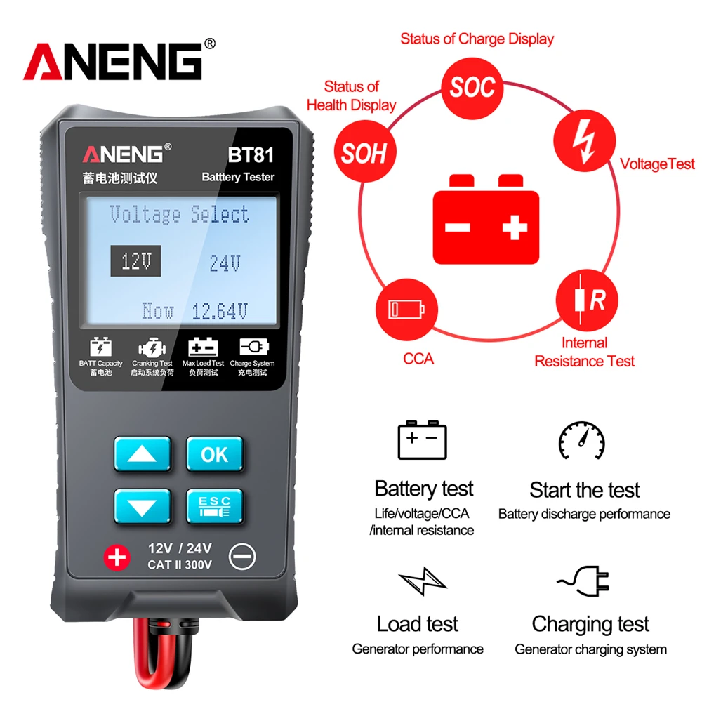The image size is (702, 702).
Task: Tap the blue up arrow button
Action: (143, 454)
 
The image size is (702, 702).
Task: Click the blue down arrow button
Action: (143, 507)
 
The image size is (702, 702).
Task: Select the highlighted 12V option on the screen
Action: (135, 261)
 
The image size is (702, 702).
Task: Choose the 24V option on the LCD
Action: (225, 263)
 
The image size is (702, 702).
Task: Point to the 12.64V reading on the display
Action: (220, 311)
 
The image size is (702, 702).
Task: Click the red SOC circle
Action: (472, 88)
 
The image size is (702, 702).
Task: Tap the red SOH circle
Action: (365, 152)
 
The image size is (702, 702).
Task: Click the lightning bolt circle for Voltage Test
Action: (585, 140)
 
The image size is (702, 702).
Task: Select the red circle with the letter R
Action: (587, 300)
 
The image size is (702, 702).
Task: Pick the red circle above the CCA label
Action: (406, 310)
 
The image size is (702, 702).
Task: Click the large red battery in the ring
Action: (486, 219)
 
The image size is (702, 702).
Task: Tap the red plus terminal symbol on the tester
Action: (117, 558)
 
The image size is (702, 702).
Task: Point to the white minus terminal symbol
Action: (242, 557)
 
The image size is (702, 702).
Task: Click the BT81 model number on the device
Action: (251, 155)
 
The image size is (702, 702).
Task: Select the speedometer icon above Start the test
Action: (581, 440)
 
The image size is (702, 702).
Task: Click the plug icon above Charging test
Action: (583, 581)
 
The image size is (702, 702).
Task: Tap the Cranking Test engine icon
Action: (152, 347)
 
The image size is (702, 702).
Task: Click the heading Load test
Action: (418, 623)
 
